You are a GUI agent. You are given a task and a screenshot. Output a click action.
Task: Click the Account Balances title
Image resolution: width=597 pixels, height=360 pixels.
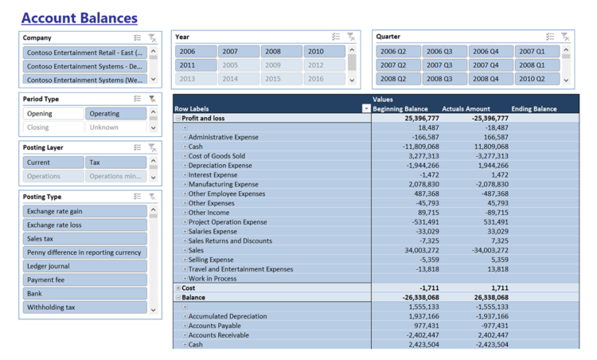click(x=79, y=18)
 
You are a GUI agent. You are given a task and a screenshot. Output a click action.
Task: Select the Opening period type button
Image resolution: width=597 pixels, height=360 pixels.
click(x=53, y=114)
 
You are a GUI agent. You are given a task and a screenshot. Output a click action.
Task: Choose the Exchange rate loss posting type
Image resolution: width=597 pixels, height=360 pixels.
click(x=84, y=225)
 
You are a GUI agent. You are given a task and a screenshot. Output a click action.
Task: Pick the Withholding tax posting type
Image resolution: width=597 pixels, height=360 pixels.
click(x=84, y=307)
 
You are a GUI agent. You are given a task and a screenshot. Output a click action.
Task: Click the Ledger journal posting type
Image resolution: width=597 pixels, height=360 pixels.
click(x=84, y=266)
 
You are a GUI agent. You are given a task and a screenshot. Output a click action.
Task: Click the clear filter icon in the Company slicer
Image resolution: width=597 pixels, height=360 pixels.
click(x=152, y=37)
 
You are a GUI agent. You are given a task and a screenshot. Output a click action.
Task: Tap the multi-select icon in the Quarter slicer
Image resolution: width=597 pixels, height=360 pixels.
click(x=550, y=37)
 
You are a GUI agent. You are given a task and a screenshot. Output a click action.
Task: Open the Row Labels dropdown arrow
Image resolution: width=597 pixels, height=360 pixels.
click(x=366, y=109)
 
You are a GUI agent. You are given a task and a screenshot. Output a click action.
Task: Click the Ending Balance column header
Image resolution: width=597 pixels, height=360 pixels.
click(x=534, y=109)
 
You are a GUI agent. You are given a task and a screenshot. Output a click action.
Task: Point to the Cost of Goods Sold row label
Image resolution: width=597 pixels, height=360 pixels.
click(x=217, y=156)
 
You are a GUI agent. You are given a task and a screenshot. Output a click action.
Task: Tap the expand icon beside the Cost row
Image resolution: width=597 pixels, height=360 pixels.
click(x=178, y=288)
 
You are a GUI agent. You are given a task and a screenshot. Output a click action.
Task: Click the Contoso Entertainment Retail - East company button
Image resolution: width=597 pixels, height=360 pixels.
click(x=84, y=53)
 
